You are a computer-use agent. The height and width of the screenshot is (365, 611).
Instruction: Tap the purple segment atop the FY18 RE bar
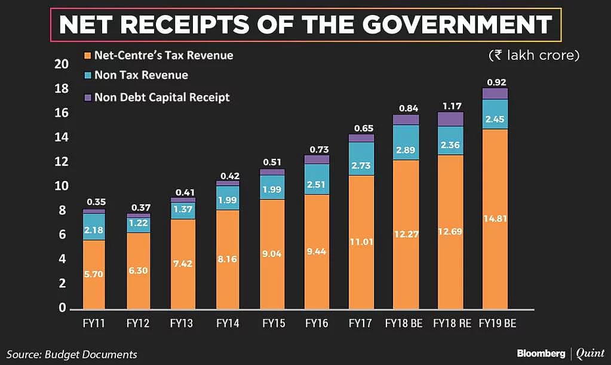tap(450, 119)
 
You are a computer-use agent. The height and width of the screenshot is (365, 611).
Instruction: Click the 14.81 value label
tap(495, 218)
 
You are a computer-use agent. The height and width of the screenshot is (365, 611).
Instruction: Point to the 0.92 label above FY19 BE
tap(495, 82)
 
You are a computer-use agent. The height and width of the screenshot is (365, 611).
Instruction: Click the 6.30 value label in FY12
tap(139, 270)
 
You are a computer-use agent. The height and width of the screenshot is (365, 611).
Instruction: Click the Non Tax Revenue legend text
tap(141, 75)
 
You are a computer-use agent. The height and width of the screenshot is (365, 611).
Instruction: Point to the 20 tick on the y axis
tap(62, 65)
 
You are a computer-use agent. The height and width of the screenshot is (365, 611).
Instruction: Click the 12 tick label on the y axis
tap(62, 162)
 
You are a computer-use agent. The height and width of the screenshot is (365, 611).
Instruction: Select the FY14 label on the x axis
tap(228, 324)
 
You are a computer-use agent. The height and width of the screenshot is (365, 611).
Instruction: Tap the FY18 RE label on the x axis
tap(450, 324)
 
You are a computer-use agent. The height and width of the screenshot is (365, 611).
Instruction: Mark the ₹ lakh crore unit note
tap(534, 55)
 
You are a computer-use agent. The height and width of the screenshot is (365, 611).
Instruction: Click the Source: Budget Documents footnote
tap(72, 354)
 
